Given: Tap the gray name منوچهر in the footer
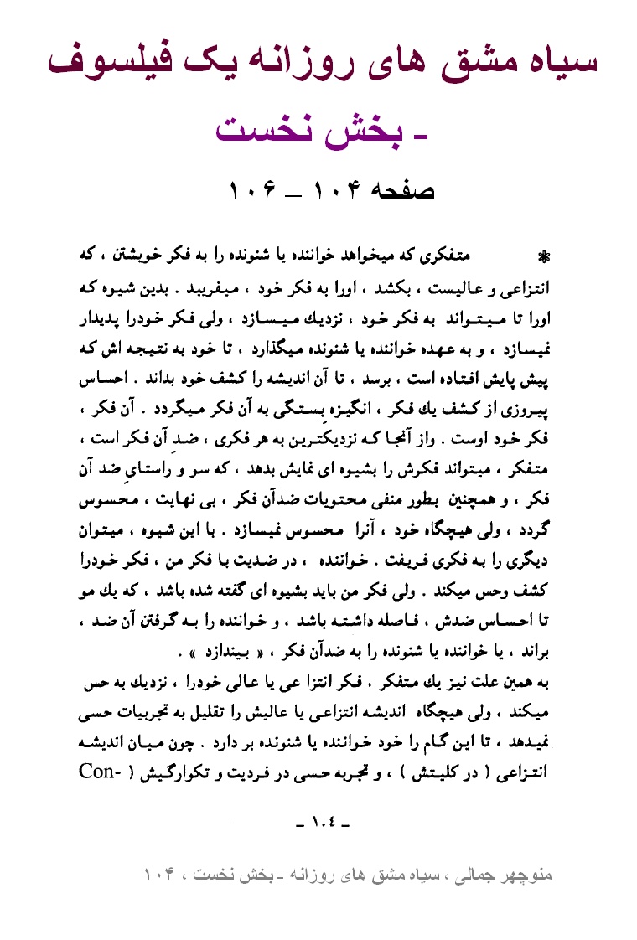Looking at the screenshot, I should pos(531,876).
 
